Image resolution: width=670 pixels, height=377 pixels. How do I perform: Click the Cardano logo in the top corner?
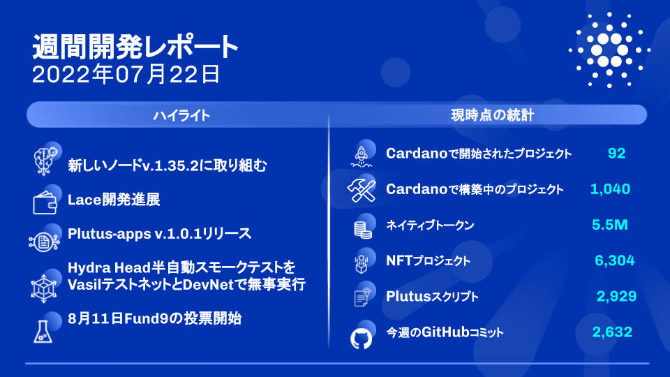(x=609, y=50)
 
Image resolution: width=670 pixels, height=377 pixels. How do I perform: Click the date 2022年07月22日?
(x=126, y=75)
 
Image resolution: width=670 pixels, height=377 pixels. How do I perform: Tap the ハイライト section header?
(x=181, y=115)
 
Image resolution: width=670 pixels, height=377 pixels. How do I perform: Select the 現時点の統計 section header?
(x=492, y=115)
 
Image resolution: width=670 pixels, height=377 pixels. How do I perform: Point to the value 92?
(x=616, y=153)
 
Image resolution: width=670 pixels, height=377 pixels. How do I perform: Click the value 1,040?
(x=610, y=189)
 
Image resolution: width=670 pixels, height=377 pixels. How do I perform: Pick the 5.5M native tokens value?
(x=610, y=225)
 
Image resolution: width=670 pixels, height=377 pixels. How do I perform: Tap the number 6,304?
(x=614, y=260)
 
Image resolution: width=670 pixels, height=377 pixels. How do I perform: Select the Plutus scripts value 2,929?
(x=616, y=296)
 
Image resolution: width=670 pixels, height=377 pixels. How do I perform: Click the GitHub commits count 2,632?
(x=612, y=332)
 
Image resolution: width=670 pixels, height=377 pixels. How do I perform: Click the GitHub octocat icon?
(x=361, y=339)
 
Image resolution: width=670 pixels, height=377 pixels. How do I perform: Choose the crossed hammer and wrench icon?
(x=362, y=191)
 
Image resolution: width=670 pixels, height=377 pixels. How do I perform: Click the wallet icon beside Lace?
(x=45, y=202)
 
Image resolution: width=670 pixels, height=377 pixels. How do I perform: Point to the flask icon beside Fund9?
(x=43, y=332)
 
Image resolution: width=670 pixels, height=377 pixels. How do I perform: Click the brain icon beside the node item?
(x=45, y=161)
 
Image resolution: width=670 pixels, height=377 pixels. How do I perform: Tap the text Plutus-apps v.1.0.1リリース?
(x=159, y=234)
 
